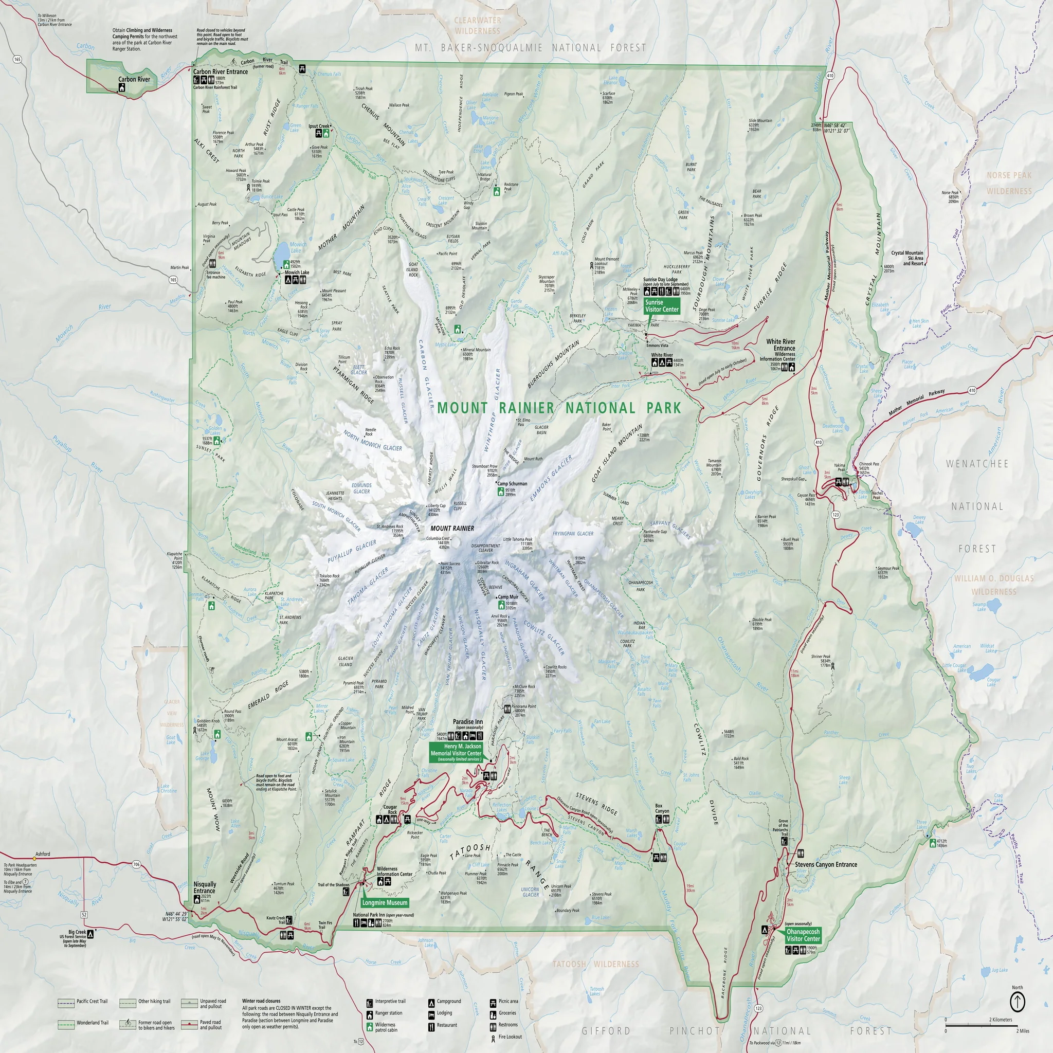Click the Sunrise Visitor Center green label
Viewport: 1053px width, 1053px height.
click(x=662, y=306)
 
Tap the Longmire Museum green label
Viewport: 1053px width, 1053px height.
click(x=385, y=902)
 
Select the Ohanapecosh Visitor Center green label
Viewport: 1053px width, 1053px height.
click(x=803, y=935)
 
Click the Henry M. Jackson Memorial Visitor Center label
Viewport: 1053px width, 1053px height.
click(x=456, y=750)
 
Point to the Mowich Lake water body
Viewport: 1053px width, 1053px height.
click(x=282, y=253)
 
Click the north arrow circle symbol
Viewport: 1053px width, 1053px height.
click(x=1018, y=1001)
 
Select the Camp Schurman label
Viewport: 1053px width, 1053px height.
click(x=512, y=483)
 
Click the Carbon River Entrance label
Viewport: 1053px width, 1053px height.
click(x=220, y=71)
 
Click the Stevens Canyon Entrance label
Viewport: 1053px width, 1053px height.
click(x=826, y=864)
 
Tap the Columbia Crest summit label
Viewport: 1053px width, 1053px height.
click(x=438, y=538)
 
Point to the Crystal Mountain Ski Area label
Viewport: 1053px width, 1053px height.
click(x=907, y=258)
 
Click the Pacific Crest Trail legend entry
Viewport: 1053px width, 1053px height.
click(x=92, y=1001)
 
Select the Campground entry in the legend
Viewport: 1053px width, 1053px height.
click(x=448, y=1001)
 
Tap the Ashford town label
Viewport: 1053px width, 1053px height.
click(x=43, y=854)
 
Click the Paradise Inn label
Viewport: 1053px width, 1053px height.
click(x=468, y=721)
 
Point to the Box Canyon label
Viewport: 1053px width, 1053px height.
click(x=662, y=808)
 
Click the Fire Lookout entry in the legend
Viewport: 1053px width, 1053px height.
click(x=510, y=1037)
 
